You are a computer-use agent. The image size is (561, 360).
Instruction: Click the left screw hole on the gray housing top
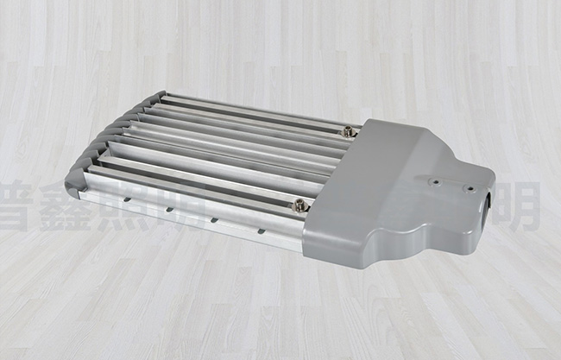435,181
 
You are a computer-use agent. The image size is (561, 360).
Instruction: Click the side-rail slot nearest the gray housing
261,231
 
